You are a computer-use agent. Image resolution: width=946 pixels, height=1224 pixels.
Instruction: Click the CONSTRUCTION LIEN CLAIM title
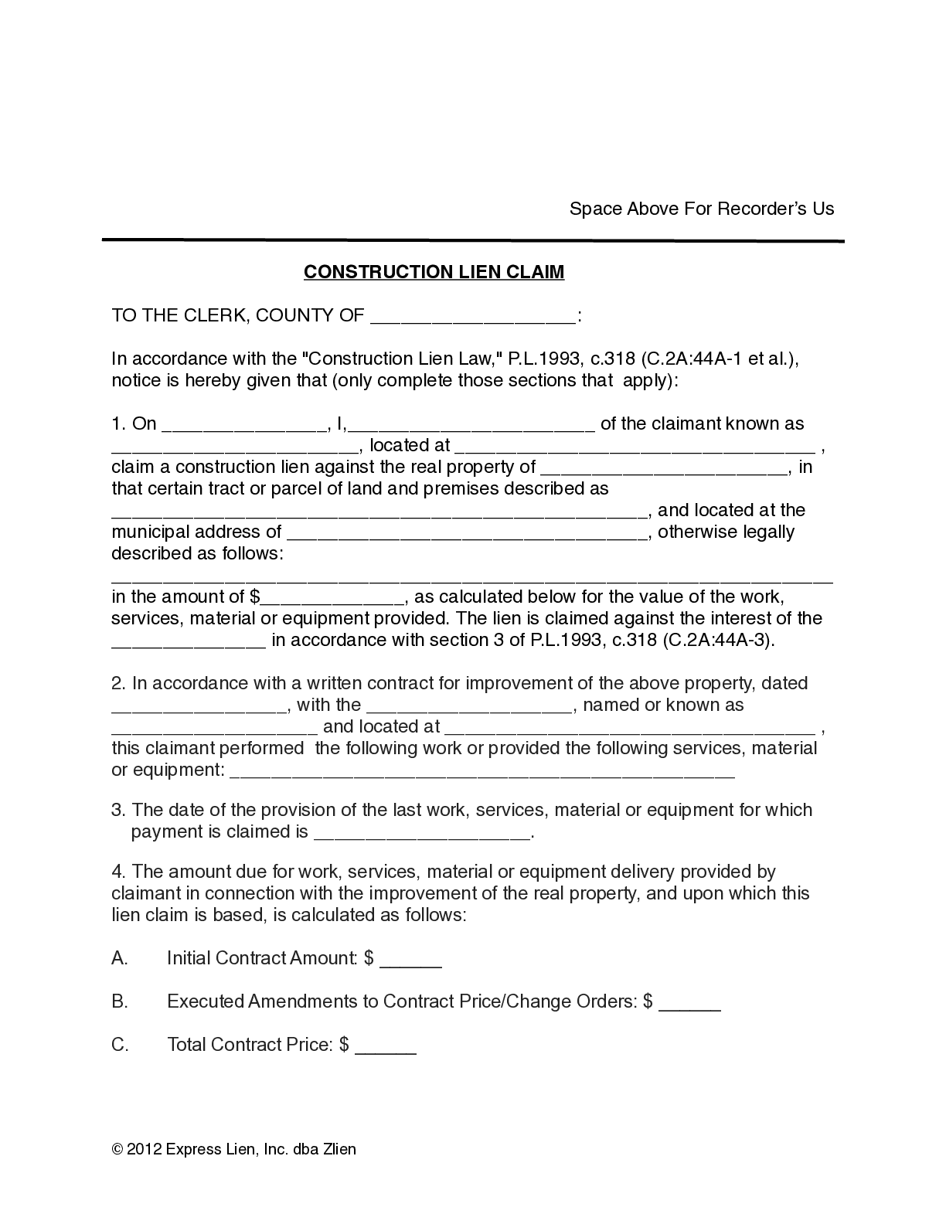click(434, 272)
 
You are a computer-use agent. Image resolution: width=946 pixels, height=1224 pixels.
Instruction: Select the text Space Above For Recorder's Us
click(701, 209)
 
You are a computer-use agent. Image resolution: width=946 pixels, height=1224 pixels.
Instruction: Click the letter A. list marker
click(120, 958)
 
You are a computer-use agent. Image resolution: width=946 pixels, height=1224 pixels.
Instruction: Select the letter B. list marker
click(120, 1001)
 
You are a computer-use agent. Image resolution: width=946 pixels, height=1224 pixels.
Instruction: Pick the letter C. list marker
click(120, 1045)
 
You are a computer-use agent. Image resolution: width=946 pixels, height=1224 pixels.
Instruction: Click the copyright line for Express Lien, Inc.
click(234, 1149)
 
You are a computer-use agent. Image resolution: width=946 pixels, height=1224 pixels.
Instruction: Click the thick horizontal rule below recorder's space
click(472, 240)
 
